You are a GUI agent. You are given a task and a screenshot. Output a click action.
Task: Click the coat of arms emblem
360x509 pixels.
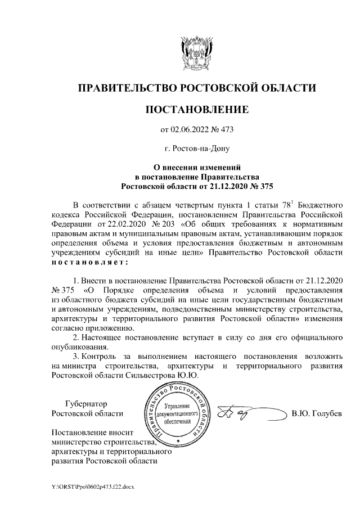196,51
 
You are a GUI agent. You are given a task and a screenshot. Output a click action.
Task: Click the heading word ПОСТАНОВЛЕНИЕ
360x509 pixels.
196,109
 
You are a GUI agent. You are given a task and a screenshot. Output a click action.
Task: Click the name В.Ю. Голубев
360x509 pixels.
317,415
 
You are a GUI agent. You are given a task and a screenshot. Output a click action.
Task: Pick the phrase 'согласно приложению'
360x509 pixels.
92,327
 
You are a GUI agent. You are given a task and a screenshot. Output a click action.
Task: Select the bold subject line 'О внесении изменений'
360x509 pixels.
197,167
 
